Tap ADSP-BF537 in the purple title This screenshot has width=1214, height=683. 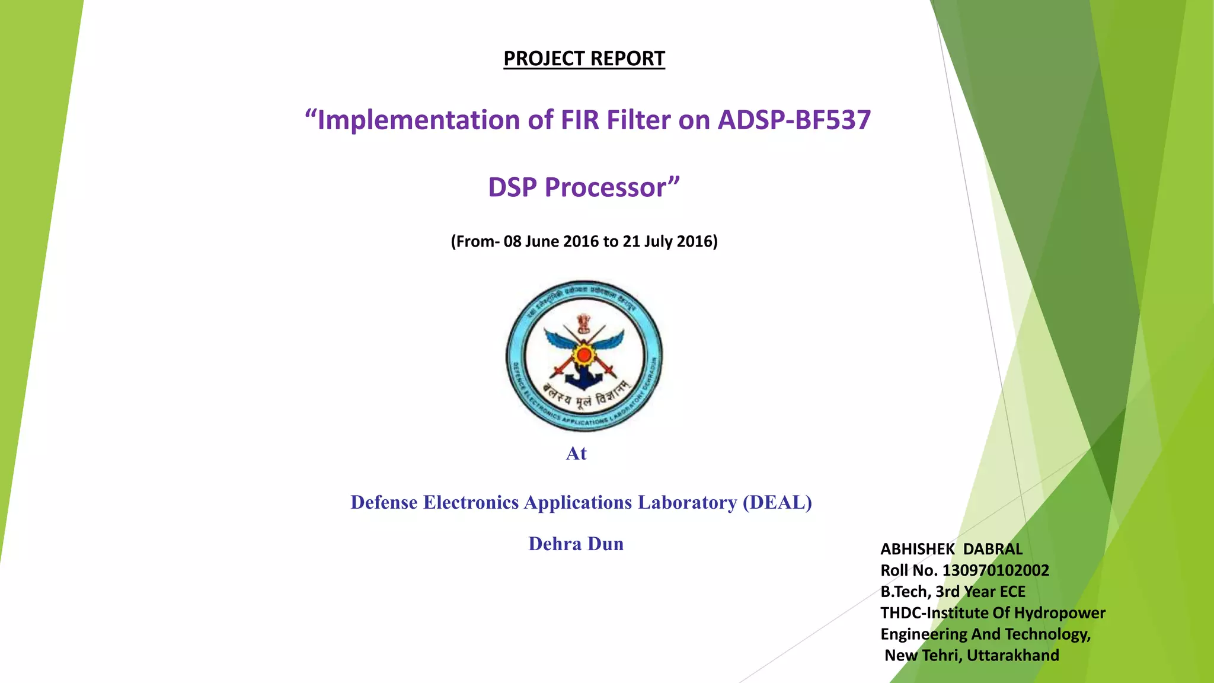click(794, 120)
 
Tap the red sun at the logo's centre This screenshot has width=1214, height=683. click(584, 355)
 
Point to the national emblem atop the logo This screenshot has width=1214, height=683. click(584, 323)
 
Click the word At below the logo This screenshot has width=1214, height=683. click(576, 454)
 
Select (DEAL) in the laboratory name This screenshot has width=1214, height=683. click(777, 502)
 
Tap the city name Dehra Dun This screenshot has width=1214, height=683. click(576, 544)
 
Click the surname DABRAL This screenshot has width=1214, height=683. click(993, 549)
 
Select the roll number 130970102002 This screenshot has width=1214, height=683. click(996, 570)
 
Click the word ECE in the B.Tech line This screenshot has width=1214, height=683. click(1012, 592)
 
